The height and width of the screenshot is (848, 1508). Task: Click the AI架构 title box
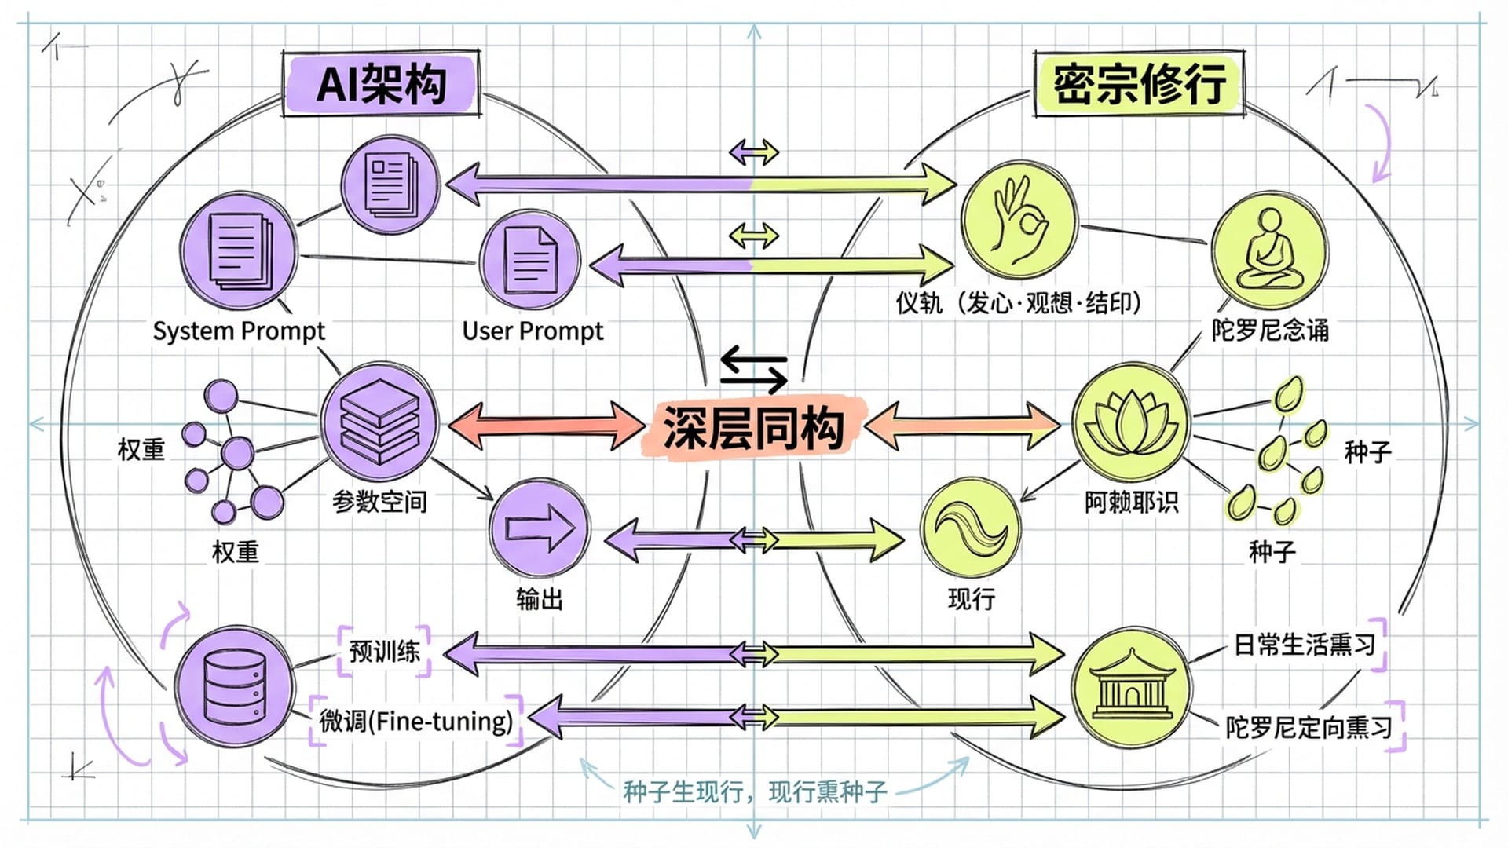click(x=381, y=84)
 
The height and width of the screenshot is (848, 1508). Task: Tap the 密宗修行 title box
click(x=1139, y=84)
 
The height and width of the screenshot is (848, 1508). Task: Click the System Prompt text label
click(x=239, y=331)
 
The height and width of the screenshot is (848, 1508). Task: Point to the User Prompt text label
click(x=533, y=331)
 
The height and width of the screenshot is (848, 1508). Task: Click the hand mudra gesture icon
click(x=1019, y=221)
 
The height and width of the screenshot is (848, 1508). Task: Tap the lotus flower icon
click(x=1131, y=422)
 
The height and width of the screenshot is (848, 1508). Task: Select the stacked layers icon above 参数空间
click(x=379, y=421)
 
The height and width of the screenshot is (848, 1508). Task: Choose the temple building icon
click(x=1131, y=685)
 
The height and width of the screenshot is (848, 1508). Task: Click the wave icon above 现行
click(x=970, y=526)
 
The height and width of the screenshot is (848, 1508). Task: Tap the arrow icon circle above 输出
click(x=539, y=528)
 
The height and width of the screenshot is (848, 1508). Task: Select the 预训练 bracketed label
click(x=384, y=651)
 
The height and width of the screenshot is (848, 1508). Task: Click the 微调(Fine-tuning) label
click(x=416, y=721)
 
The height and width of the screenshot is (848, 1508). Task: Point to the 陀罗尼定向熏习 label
click(x=1309, y=727)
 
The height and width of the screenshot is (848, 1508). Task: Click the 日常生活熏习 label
click(x=1305, y=645)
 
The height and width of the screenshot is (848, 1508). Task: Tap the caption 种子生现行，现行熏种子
click(x=755, y=791)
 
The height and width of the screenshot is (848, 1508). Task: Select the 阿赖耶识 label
click(x=1131, y=501)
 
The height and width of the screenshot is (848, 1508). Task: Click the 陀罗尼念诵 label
click(x=1270, y=330)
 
